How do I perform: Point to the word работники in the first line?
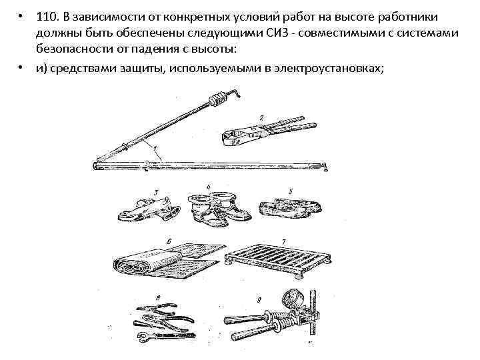click(x=415, y=15)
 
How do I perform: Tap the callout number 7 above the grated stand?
click(x=283, y=241)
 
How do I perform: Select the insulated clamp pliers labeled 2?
click(x=257, y=133)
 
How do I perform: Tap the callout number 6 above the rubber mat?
click(x=169, y=241)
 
